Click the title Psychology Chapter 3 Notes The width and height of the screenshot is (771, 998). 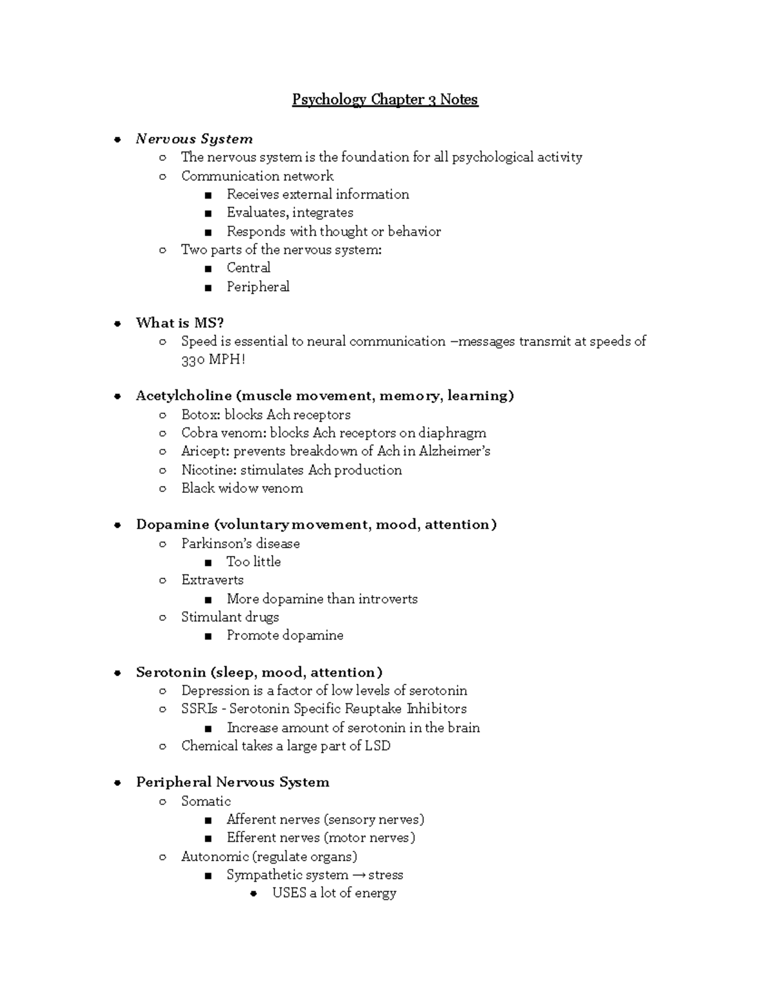coord(385,100)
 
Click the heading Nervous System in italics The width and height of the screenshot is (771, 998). coord(194,139)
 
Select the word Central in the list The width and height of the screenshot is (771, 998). coord(248,268)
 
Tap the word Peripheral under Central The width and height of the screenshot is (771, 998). coord(258,287)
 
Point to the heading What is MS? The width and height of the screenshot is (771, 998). coord(179,323)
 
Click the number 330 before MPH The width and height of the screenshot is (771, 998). coord(193,360)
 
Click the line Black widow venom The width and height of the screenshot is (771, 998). coord(242,488)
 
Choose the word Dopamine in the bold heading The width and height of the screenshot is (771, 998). coord(172,524)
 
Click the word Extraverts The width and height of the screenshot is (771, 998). coord(212,580)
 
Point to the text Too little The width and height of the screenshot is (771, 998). coord(253,562)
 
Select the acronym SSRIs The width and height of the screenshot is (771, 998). coord(199,709)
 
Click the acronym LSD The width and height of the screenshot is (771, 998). coord(377,746)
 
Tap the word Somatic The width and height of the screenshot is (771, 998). coord(206,801)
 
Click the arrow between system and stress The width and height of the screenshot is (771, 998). coord(359,875)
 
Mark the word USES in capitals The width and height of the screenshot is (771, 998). coord(289,893)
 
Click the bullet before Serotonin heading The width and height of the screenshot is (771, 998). coord(118,673)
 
